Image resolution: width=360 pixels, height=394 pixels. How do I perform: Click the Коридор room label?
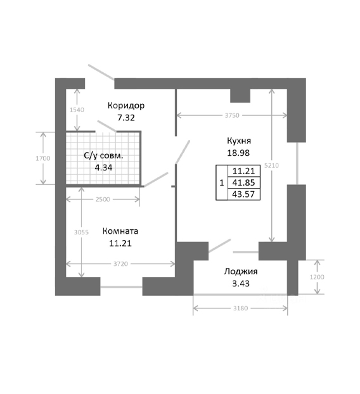126,106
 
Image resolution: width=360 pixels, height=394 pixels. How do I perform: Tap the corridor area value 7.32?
126,118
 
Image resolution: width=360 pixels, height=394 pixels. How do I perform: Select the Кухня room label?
239,141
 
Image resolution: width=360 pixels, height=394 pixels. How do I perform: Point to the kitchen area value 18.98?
238,153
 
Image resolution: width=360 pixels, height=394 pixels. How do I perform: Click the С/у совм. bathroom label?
103,156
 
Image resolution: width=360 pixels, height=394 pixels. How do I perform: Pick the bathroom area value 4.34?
103,167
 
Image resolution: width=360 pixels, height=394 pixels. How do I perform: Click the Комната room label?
120,231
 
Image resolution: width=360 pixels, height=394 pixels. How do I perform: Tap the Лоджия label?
241,272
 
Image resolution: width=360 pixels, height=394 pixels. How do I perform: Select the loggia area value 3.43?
241,283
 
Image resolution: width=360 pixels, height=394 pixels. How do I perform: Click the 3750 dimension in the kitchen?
232,115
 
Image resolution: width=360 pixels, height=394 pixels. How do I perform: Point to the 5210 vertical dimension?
272,165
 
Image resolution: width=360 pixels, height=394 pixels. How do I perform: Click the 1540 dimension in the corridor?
77,110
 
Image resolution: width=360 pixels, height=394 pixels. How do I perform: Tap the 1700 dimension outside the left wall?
43,158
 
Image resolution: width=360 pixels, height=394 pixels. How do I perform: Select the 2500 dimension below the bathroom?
103,200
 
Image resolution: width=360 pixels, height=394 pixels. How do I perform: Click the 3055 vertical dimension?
81,232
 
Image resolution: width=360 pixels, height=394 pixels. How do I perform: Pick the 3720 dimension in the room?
120,264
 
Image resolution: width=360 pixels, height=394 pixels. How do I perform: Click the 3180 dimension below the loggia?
241,308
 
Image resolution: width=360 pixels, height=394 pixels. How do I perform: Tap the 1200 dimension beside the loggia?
317,277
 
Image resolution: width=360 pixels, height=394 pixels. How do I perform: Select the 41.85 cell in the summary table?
244,182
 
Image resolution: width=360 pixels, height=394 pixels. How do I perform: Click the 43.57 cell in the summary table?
244,194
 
